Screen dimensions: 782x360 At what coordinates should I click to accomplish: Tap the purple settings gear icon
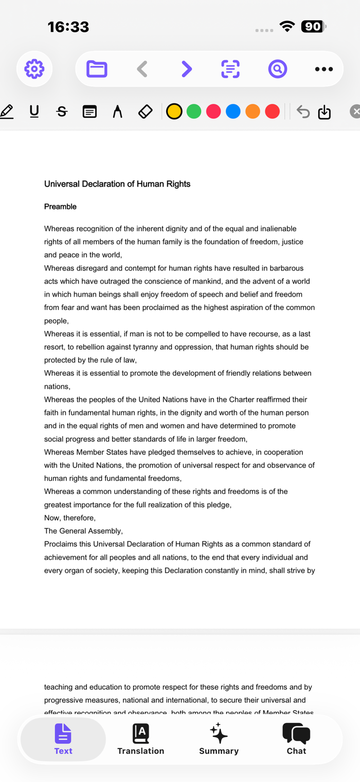pyautogui.click(x=34, y=69)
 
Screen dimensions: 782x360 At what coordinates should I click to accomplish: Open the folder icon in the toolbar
pyautogui.click(x=97, y=69)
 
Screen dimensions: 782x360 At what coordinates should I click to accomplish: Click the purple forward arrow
pyautogui.click(x=187, y=69)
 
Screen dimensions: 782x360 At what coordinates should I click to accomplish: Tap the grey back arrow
pyautogui.click(x=142, y=69)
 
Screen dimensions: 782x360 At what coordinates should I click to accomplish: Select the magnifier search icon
pyautogui.click(x=277, y=69)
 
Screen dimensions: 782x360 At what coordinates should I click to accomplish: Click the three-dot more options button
pyautogui.click(x=323, y=69)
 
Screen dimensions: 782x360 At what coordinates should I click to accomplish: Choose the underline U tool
pyautogui.click(x=34, y=111)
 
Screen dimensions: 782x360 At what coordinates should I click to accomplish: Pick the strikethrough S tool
pyautogui.click(x=62, y=111)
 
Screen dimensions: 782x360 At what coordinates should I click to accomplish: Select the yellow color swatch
pyautogui.click(x=174, y=111)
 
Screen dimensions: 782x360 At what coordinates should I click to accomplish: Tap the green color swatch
pyautogui.click(x=194, y=111)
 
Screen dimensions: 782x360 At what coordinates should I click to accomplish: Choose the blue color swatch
pyautogui.click(x=233, y=111)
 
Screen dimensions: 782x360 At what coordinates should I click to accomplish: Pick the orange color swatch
pyautogui.click(x=253, y=111)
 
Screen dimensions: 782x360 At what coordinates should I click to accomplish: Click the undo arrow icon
pyautogui.click(x=303, y=112)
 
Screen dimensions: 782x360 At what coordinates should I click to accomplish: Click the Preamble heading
pyautogui.click(x=60, y=207)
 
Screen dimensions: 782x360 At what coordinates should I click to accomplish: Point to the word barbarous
pyautogui.click(x=285, y=268)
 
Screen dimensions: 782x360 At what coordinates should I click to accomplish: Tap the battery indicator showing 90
pyautogui.click(x=312, y=27)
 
